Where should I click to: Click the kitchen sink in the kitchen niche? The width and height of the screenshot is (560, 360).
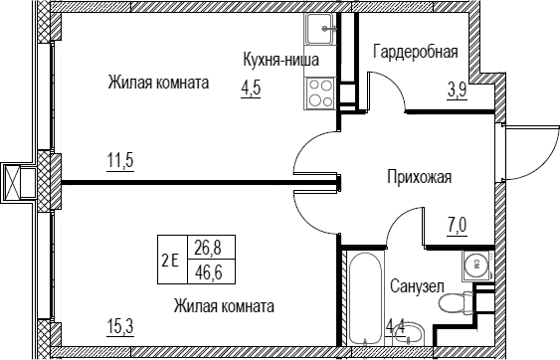coord(320,29)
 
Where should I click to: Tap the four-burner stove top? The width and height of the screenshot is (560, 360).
coord(320,93)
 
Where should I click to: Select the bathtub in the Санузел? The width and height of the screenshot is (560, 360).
coord(365,298)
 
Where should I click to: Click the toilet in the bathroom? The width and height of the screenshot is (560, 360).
coord(456,302)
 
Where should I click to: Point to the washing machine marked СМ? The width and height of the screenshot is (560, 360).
coord(477,265)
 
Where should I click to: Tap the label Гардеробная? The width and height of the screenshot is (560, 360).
coord(416,52)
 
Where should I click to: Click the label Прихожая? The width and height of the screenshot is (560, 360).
coord(420,177)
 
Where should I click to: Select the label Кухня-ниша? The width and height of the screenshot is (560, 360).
coord(280,60)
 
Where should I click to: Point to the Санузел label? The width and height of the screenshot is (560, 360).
coord(417,286)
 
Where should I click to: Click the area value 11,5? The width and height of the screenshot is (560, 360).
coord(120,160)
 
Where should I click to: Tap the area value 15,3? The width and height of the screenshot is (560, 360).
coord(120,326)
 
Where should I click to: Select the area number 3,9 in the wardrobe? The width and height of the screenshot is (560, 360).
coord(458,90)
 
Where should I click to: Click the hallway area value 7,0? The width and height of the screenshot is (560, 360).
coord(458,225)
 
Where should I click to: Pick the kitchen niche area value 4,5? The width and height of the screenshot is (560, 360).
coord(251,89)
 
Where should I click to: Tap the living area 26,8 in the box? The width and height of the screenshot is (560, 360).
coord(208,248)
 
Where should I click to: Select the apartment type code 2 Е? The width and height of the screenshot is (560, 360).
coord(170,261)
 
